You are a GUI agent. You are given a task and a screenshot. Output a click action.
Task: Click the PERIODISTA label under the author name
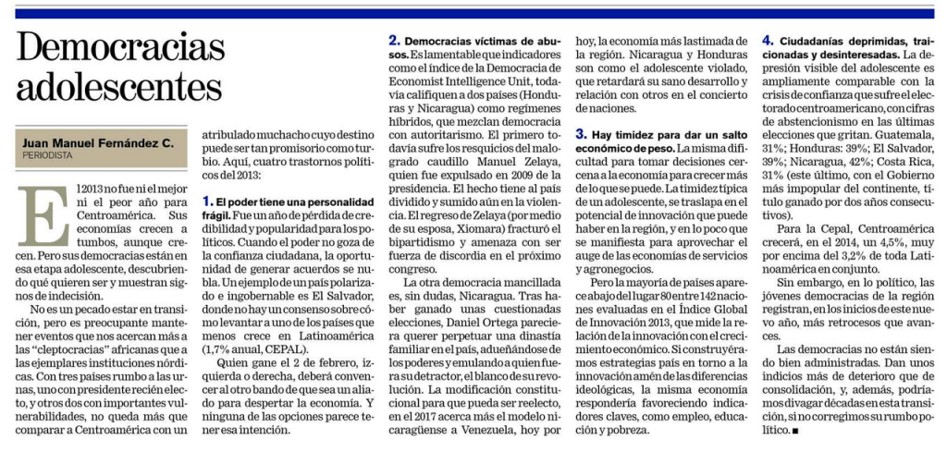tap(52, 155)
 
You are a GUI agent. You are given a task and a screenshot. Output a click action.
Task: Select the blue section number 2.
tap(394, 41)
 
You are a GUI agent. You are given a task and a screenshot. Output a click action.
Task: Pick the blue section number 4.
tap(768, 41)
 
